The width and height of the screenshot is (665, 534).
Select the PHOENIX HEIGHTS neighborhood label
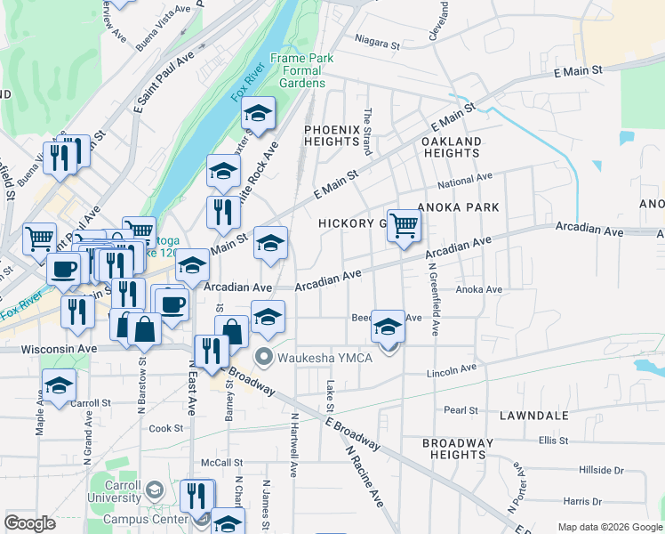click(332, 135)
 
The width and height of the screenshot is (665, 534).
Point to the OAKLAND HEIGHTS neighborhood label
click(451, 147)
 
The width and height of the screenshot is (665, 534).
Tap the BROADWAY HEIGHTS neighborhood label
click(457, 449)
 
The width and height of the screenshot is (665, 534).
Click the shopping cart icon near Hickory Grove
click(404, 225)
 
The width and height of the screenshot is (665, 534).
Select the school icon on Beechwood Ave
click(388, 327)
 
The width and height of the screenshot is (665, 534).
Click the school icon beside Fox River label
click(258, 113)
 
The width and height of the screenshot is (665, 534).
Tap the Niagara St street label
click(379, 40)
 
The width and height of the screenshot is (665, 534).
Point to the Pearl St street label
click(461, 410)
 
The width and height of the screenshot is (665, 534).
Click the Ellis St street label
click(552, 440)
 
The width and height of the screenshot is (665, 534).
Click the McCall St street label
click(221, 463)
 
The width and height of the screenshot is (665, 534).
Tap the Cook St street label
click(166, 428)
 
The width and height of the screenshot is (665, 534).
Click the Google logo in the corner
click(30, 523)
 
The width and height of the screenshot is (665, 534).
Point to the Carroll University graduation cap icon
click(155, 490)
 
